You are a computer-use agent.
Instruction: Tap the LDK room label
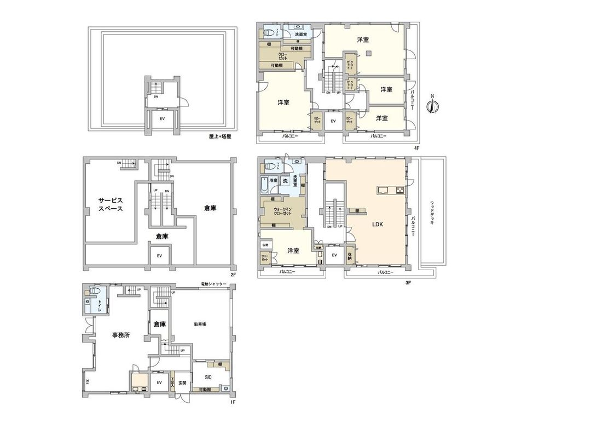tap(377, 224)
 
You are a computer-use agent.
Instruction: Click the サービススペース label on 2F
tap(110, 204)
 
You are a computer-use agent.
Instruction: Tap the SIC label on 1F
tap(208, 377)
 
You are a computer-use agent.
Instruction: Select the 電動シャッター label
tap(213, 284)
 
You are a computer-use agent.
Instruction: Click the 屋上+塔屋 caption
tap(219, 136)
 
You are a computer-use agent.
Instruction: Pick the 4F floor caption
tap(416, 148)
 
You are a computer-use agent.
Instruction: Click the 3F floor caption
tap(408, 283)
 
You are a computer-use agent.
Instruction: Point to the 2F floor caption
tap(232, 274)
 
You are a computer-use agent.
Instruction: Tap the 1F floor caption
tap(232, 402)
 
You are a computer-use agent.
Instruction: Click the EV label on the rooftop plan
tap(162, 118)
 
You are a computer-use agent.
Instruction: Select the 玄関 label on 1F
tap(182, 383)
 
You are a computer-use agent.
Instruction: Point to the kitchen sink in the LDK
tap(383, 190)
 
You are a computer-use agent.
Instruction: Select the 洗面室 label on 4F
tap(300, 35)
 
